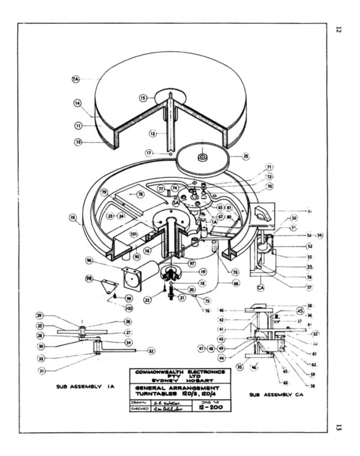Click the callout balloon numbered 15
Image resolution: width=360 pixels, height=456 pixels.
143,97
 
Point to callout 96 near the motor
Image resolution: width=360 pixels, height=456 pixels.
89,260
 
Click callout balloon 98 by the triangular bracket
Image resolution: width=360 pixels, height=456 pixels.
89,278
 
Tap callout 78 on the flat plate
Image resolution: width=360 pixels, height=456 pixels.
140,195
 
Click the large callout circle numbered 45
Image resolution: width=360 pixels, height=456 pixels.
300,311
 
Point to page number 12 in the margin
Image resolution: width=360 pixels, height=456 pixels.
337,30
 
